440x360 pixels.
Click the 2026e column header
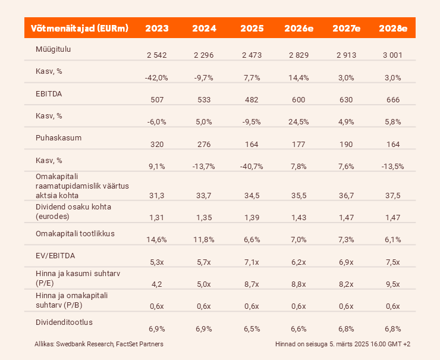(299, 28)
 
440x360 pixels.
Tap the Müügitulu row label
(54, 49)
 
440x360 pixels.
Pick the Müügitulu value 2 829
(299, 55)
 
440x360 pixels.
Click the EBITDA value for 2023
(156, 99)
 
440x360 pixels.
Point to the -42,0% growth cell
(156, 77)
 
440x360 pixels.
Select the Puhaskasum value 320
(156, 143)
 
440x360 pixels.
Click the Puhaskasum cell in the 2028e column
(392, 143)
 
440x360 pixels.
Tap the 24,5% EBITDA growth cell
(299, 121)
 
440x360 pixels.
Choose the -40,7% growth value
(252, 166)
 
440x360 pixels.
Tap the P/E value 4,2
(156, 283)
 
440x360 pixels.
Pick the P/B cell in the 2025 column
(252, 306)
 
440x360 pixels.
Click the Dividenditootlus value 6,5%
(252, 328)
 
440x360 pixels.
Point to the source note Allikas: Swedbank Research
(99, 344)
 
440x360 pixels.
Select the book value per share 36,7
(346, 193)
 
